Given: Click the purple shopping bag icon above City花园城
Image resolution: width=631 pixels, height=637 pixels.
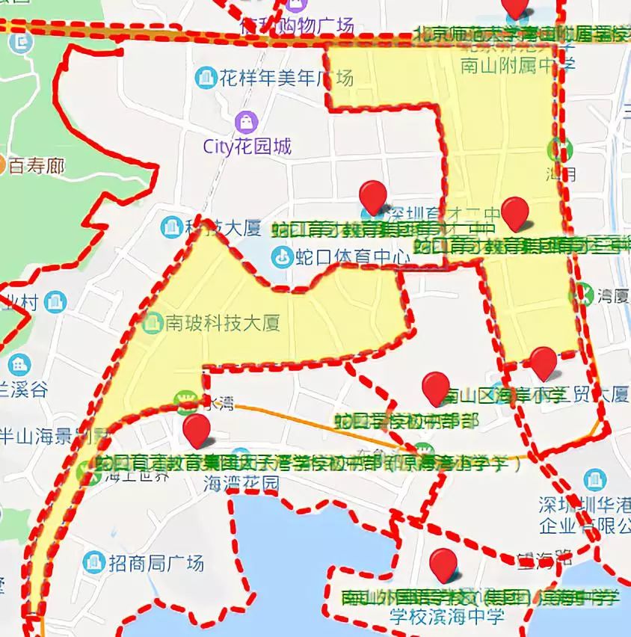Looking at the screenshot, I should coord(246,120).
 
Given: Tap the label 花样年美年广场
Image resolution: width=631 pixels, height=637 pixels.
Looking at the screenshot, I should coord(285,77).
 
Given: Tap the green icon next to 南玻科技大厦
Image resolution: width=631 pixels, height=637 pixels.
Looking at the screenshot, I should coord(153,323).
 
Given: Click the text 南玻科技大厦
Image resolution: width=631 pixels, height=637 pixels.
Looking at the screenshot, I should coord(222,324).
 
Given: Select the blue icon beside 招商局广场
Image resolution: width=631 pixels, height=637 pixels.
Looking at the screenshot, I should coord(94,561).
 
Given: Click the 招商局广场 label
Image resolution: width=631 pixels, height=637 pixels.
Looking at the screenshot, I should coord(156,562).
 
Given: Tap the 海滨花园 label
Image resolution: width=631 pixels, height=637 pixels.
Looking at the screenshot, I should coord(241,484).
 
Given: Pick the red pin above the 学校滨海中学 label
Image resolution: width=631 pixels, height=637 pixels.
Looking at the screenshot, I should coord(444,564).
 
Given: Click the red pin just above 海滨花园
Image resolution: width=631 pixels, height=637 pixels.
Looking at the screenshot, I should coord(197,431).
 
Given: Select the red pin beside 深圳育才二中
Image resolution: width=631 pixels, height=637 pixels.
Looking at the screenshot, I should coord(372,197).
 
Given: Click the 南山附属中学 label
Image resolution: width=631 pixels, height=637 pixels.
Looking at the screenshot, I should coord(517,64).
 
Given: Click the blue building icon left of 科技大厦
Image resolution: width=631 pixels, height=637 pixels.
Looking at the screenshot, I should coord(171,225).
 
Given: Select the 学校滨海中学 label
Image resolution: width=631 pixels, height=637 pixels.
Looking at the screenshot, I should coord(446,616).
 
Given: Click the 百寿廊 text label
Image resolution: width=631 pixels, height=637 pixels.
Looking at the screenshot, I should coord(37,165).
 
